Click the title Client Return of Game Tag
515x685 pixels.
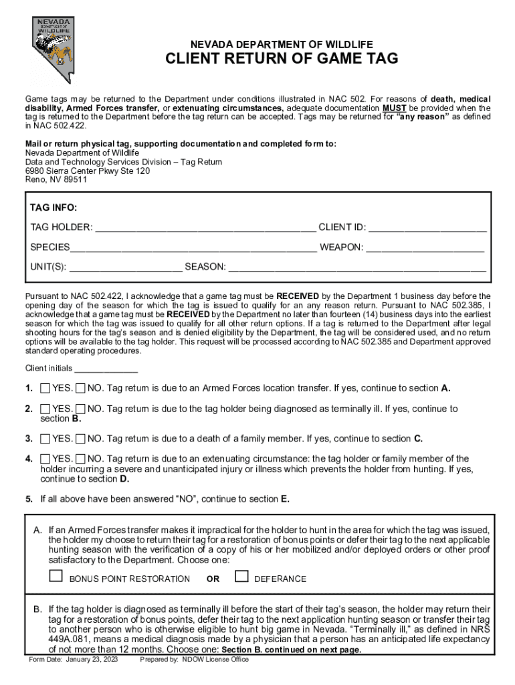(x=282, y=60)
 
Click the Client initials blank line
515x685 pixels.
(x=106, y=368)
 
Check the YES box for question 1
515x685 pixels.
(x=45, y=388)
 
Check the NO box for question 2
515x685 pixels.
(x=80, y=409)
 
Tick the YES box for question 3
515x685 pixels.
(x=45, y=439)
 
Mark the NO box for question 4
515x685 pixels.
(x=80, y=459)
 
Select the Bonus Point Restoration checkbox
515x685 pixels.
(x=56, y=577)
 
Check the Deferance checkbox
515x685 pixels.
(x=242, y=577)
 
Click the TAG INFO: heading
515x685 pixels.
(x=54, y=208)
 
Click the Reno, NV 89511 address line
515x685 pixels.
(x=56, y=180)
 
